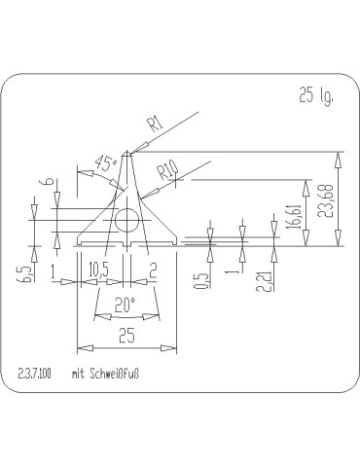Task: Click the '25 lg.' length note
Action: tap(318, 95)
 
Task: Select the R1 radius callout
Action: tap(155, 124)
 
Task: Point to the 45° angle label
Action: tap(108, 163)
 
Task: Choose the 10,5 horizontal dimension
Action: tap(97, 269)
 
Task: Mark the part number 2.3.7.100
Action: tap(35, 373)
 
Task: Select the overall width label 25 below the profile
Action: tap(126, 337)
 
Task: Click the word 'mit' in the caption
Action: tap(81, 373)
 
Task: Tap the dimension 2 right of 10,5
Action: tap(154, 269)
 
